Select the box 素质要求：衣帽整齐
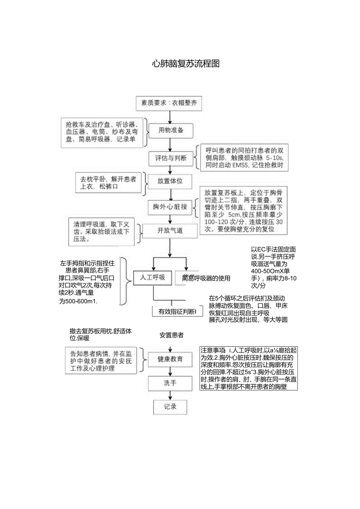(x=169, y=104)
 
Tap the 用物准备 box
(x=171, y=130)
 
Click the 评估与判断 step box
(x=171, y=158)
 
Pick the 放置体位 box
(x=170, y=182)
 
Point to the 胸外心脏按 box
(x=170, y=207)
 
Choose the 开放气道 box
(x=170, y=230)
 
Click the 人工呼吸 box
(x=153, y=277)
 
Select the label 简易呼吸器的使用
(x=206, y=278)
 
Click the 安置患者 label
(x=171, y=335)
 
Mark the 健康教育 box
(x=170, y=359)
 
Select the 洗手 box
(x=170, y=383)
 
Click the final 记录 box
(x=170, y=407)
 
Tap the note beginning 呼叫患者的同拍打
(x=244, y=158)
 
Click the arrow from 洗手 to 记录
(x=170, y=396)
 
